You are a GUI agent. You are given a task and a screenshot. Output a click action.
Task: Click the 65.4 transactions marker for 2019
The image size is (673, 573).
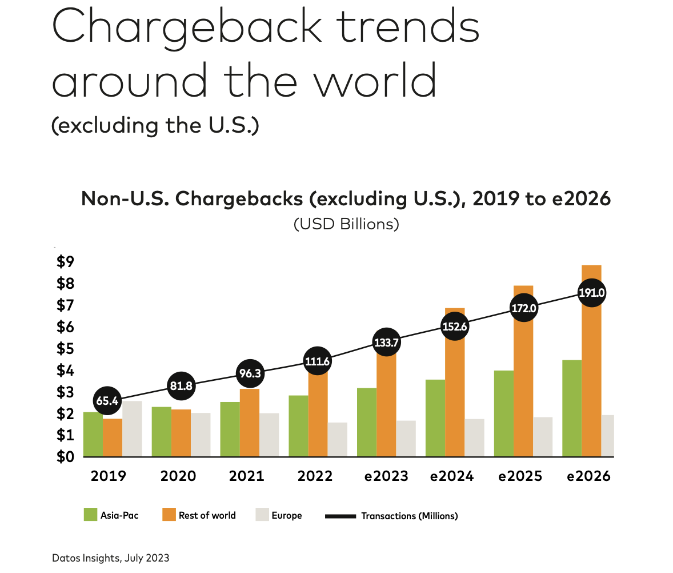tap(107, 401)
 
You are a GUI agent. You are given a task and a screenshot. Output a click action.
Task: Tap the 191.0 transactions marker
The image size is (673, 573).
tap(592, 293)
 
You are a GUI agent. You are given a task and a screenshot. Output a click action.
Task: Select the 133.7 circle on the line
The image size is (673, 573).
tap(386, 343)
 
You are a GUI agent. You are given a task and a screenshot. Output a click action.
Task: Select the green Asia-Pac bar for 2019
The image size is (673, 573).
tap(93, 435)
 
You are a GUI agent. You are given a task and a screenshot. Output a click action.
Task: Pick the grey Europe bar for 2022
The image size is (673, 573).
tap(337, 440)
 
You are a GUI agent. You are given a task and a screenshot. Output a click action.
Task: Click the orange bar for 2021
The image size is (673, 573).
tap(249, 423)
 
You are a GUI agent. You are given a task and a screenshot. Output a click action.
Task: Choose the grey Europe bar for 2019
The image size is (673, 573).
tap(132, 429)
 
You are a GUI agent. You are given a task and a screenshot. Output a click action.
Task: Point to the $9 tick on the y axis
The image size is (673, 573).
tap(65, 262)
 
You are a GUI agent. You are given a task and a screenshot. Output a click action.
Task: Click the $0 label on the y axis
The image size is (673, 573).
tap(65, 457)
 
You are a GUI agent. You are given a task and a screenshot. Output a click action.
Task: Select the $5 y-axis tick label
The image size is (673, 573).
tap(65, 349)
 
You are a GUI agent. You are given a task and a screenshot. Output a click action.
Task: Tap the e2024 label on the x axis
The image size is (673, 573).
tap(451, 476)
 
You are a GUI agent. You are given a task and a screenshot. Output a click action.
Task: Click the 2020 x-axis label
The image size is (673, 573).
tap(178, 476)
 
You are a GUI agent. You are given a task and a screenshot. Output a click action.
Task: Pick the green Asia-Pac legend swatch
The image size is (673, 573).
tap(90, 515)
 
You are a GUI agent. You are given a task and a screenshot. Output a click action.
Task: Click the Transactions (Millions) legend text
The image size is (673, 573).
tap(409, 516)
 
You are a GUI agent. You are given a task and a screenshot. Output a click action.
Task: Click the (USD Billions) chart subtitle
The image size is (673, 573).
tap(346, 224)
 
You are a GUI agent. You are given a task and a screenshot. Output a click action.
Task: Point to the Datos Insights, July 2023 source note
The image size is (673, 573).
tap(110, 558)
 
